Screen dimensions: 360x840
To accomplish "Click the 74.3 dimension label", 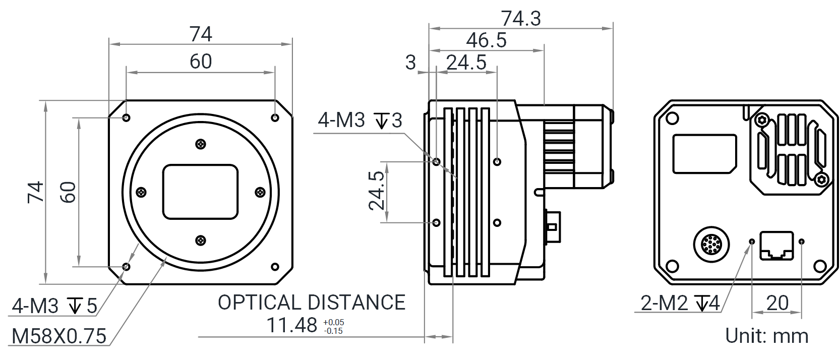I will coord(521,19).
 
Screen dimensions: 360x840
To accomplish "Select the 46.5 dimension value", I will coord(486,40).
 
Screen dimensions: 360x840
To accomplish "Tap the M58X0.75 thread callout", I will coord(59,336).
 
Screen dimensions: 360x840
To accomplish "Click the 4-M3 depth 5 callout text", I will coord(54,306).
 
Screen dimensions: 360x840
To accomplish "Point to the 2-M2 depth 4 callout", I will coord(681,303).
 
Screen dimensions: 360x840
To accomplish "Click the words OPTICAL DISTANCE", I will coord(311,303).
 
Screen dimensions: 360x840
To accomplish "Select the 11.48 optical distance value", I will coord(292,326).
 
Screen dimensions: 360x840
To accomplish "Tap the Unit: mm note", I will coord(766,335).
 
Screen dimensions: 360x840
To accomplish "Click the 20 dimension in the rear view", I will coord(777,303).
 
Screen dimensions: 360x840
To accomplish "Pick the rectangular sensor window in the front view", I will coord(200,192).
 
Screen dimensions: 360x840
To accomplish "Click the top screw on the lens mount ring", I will coord(201,144).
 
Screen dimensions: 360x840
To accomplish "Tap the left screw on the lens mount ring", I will coord(141,192).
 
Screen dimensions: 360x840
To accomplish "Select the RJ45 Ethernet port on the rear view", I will coord(776,246).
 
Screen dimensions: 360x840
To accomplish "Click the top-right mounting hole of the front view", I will coord(275,117).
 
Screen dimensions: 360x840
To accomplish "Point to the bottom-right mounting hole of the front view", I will coord(275,266).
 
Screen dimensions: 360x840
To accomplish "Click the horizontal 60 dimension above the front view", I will coord(201,62).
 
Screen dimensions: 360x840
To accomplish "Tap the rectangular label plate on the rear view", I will coord(705,153).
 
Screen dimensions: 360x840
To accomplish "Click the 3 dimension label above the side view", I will coord(410,63).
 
